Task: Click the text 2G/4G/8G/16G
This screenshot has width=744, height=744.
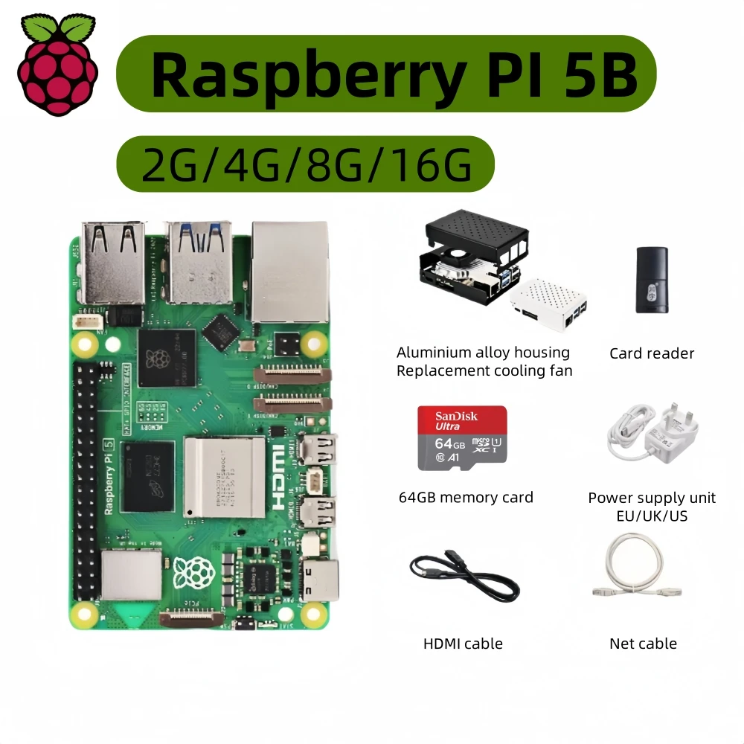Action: (306, 164)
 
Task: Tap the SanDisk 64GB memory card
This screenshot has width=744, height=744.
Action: (462, 437)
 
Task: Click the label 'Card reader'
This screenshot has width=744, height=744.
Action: (652, 353)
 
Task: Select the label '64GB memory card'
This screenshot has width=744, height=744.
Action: (466, 497)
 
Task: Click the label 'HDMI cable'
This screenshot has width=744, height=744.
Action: (463, 644)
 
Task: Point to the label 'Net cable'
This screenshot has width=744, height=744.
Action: (643, 644)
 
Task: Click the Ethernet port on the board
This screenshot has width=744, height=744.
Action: (289, 271)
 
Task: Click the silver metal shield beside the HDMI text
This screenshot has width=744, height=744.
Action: (224, 476)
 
